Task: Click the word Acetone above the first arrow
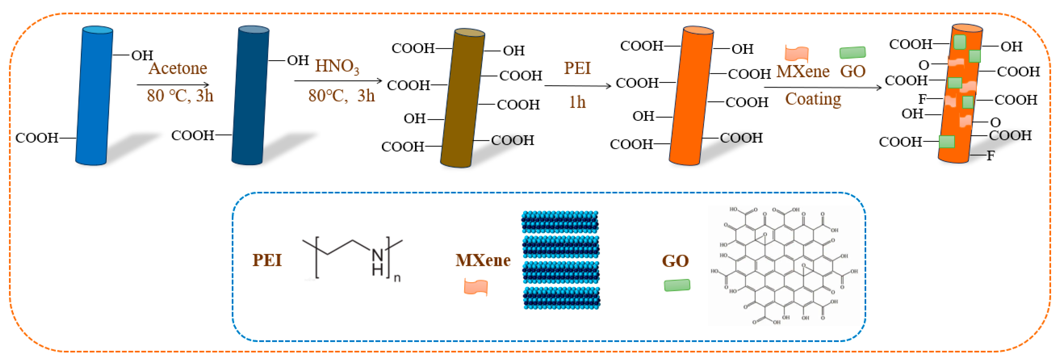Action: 178,68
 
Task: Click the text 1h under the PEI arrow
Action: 577,102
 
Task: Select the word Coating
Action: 813,99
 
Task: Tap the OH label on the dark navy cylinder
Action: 298,60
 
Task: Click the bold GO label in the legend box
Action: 675,261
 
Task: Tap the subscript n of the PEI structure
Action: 397,278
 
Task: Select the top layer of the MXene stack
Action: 560,222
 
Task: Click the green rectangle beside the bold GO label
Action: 677,285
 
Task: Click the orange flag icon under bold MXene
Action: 476,287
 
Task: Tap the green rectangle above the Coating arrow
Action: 853,52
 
